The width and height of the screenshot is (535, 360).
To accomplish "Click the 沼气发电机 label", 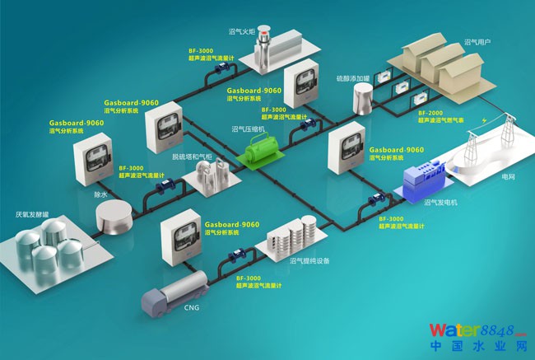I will (x=441, y=202).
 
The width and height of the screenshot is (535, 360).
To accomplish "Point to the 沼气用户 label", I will (x=477, y=42).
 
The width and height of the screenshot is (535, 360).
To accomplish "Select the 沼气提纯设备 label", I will (x=309, y=260).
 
